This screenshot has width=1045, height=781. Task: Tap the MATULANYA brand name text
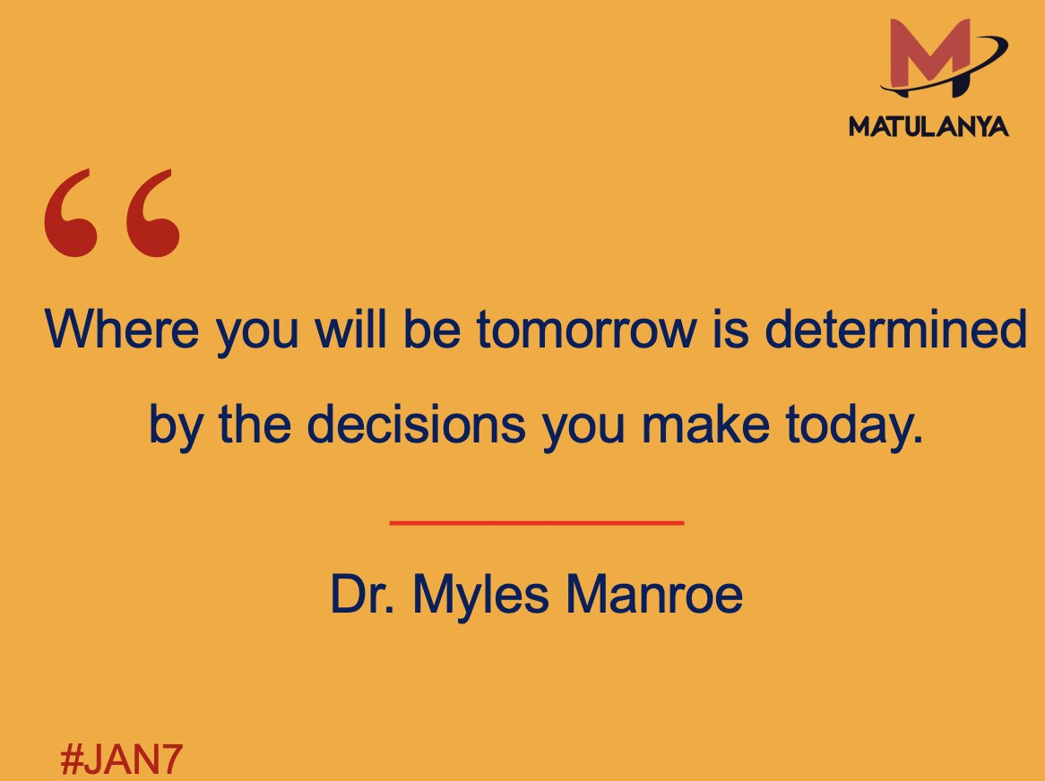click(928, 126)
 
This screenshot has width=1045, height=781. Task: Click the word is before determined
click(721, 330)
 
